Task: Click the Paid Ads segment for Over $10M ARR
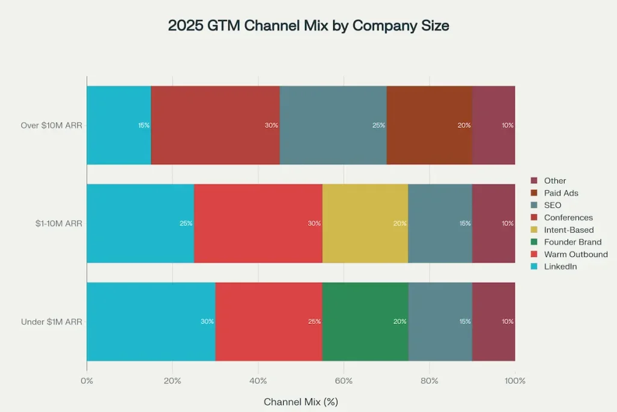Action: [429, 125]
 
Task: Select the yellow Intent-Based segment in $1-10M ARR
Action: [365, 223]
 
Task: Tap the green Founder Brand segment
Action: [365, 322]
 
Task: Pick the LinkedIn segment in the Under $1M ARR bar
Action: [151, 322]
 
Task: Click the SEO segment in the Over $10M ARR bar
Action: [333, 125]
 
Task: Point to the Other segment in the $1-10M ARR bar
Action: [493, 223]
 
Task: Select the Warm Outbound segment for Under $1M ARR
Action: [269, 322]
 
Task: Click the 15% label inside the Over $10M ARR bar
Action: [143, 125]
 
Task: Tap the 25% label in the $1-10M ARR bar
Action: [186, 223]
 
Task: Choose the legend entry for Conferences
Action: [568, 217]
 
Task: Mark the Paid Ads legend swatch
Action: [533, 193]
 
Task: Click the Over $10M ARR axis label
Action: [51, 125]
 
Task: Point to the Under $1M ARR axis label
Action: [51, 322]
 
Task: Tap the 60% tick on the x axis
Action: [343, 381]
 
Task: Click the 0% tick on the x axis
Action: [87, 381]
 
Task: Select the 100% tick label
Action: [515, 381]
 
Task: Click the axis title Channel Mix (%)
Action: [300, 401]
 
